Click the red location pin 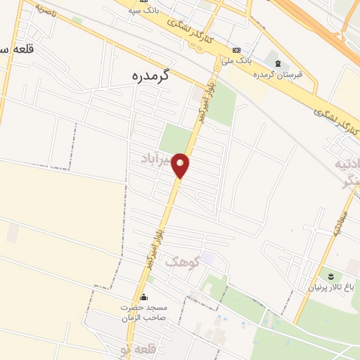[x=181, y=165]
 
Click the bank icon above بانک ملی [x=236, y=50]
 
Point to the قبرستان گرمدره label [x=281, y=75]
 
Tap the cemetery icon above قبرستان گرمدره [x=277, y=64]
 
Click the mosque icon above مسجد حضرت [x=145, y=297]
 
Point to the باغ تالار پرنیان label [x=332, y=287]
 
